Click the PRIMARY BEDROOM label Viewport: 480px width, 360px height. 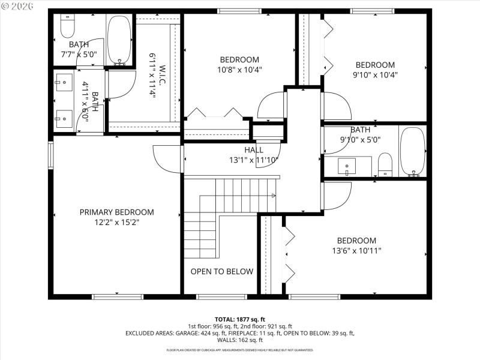tap(117, 212)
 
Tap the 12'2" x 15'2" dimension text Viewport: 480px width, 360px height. tap(117, 223)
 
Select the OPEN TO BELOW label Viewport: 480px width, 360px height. tap(222, 272)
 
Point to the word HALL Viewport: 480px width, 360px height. tap(254, 150)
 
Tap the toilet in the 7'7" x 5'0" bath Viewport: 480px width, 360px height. tap(66, 28)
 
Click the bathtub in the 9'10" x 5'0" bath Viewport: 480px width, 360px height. tap(412, 152)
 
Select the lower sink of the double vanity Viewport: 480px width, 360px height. tap(63, 118)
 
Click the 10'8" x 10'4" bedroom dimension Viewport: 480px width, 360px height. tap(239, 70)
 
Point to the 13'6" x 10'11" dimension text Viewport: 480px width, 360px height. tap(356, 251)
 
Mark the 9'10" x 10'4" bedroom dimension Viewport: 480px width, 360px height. tap(375, 76)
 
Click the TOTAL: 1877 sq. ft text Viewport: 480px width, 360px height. tap(240, 319)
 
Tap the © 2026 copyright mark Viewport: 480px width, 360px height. tap(16, 5)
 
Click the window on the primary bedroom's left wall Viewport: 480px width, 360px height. tap(51, 155)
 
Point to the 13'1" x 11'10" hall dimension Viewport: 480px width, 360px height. tap(254, 160)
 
